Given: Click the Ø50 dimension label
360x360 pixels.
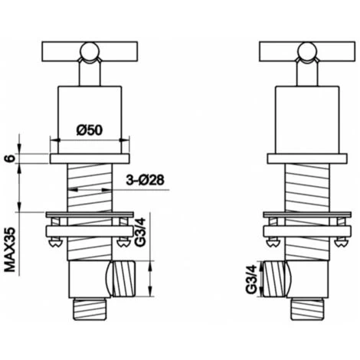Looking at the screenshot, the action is pos(90,130).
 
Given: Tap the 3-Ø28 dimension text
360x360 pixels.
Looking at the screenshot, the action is pos(145,180).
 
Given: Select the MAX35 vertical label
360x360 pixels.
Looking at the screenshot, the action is pos(10,250).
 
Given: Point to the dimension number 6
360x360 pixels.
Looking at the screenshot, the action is pos(10,159).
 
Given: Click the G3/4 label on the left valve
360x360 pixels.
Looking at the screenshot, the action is pos(140,232).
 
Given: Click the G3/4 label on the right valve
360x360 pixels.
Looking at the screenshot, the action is pos(251,280).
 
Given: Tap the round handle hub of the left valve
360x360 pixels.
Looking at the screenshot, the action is pos(90,52).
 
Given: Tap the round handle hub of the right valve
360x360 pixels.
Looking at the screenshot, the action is pos(307,52).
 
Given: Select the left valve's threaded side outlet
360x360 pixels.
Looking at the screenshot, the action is pos(124,279).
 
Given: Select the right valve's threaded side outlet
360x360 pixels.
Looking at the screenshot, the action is pos(273,279).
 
